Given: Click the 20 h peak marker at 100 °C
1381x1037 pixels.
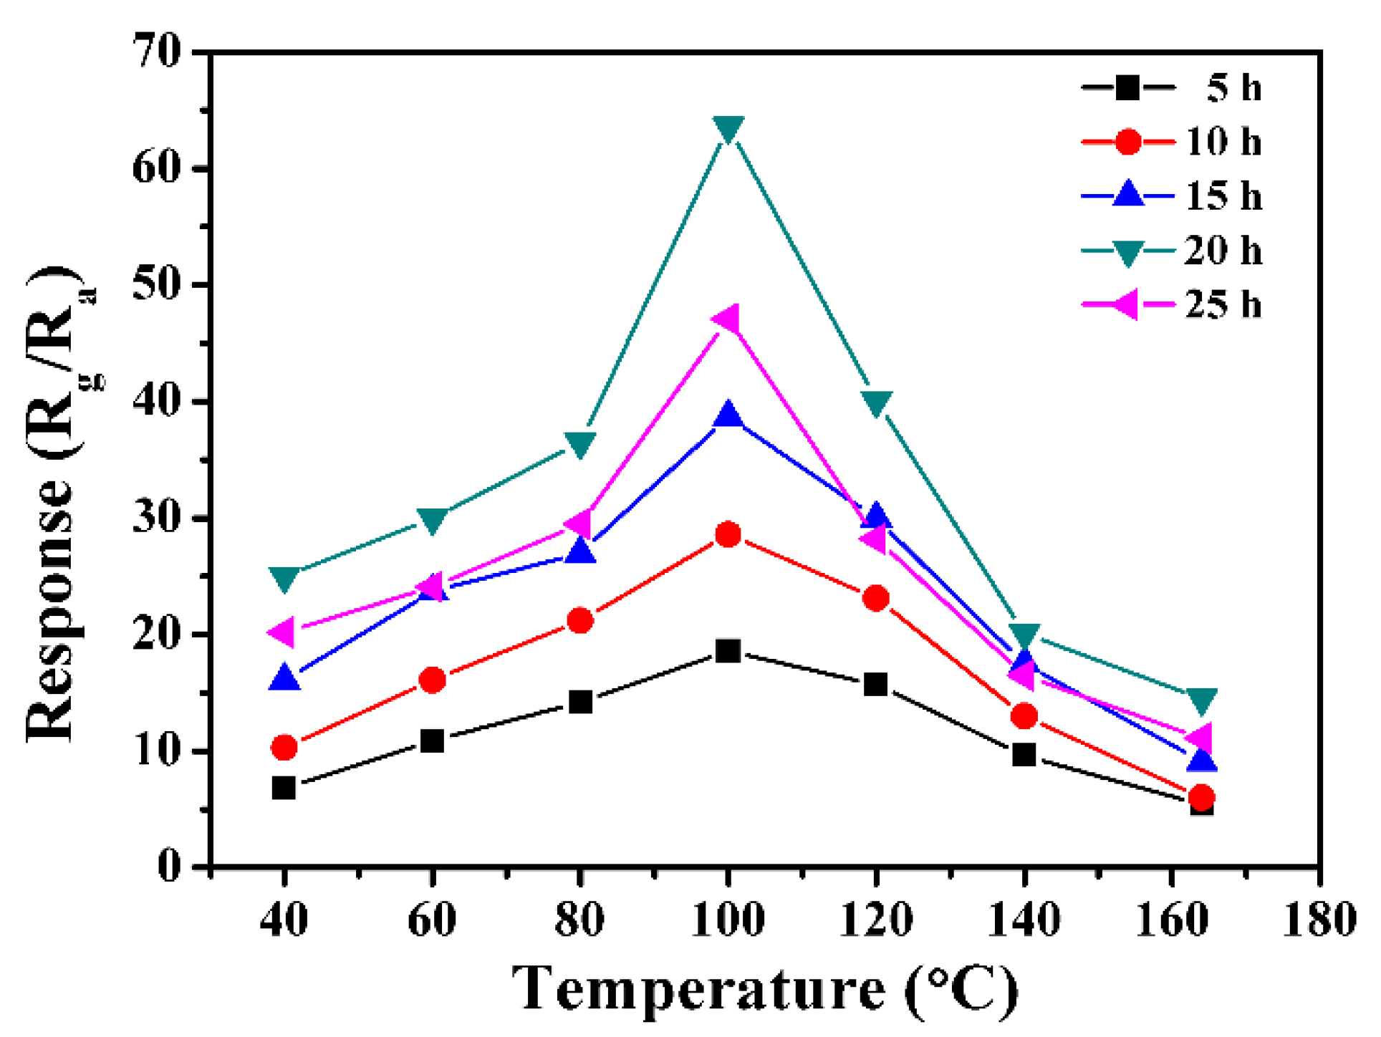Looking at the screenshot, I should click(728, 129).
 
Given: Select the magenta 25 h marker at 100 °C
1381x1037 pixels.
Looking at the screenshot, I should click(726, 319).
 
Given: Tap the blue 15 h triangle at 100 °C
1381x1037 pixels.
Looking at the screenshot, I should click(728, 415).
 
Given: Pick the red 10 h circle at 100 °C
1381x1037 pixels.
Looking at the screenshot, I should click(728, 534).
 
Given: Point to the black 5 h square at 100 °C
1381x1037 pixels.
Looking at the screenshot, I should click(728, 651).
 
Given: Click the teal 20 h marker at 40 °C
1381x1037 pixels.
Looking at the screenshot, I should click(284, 577).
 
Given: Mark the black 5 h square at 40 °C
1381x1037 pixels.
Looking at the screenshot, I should click(284, 788).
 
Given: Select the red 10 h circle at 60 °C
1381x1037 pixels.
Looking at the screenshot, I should click(432, 680).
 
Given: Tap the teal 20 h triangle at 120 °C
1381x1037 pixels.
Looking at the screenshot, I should click(877, 402).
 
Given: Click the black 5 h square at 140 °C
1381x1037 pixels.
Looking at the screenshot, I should click(1024, 754).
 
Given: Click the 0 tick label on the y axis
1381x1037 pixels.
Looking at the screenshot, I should click(169, 867).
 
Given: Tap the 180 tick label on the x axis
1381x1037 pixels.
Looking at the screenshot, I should click(1319, 920).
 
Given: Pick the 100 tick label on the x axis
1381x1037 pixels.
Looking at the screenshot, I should click(728, 920).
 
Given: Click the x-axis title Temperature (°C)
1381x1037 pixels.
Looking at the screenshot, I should click(765, 989).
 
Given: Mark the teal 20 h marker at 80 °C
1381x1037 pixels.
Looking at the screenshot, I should click(580, 443).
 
